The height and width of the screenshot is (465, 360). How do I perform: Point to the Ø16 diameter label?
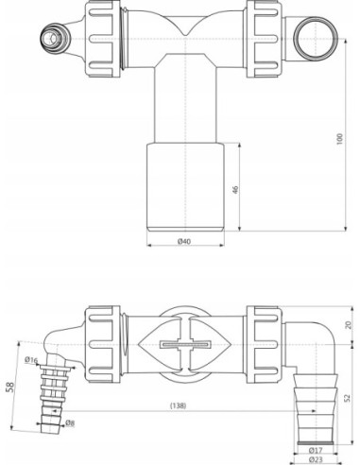32,360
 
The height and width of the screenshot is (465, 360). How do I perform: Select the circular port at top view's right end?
311,39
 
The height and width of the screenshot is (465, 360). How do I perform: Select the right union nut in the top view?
264,38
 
